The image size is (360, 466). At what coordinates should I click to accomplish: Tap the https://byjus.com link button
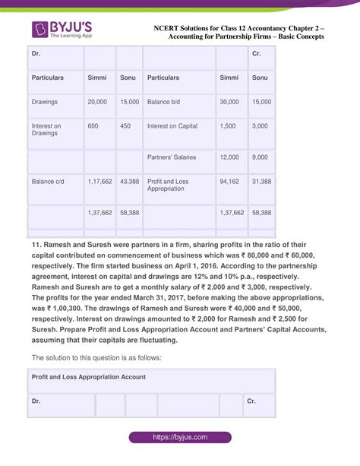pos(179,439)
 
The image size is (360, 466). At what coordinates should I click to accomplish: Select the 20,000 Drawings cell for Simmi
pos(96,101)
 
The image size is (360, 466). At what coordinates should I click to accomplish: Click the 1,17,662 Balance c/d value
pos(99,182)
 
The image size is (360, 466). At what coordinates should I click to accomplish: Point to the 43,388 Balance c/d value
pos(129,182)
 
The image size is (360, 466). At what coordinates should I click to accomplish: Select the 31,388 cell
pos(261,182)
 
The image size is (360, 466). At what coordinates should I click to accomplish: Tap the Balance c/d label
pos(48,182)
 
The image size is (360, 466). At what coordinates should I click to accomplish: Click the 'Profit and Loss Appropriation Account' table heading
pos(89,376)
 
